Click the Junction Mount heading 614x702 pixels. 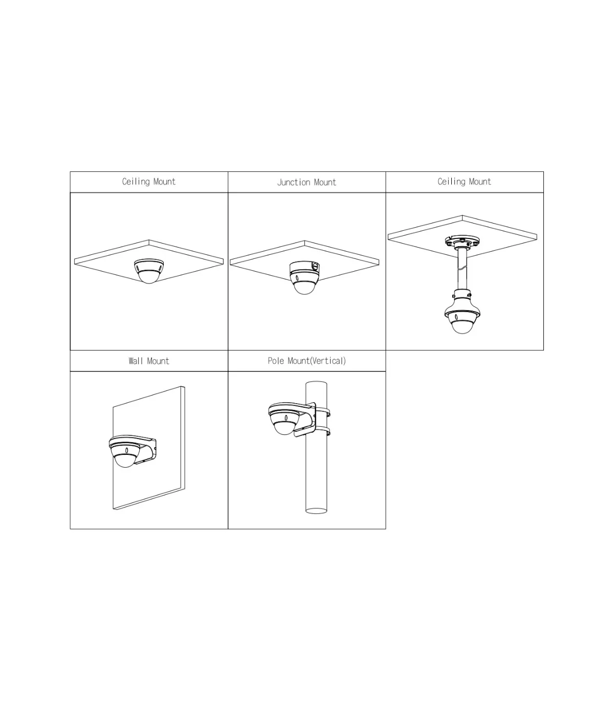306,182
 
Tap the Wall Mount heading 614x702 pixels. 149,361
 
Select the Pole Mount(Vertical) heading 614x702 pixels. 306,361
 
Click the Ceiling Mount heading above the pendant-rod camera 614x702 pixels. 464,182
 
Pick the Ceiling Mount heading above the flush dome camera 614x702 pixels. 149,182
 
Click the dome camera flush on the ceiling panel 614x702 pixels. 149,271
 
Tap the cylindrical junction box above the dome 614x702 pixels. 304,268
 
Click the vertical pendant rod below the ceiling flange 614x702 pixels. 462,270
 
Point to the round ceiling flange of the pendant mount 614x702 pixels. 462,241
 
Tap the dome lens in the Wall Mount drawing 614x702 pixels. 125,460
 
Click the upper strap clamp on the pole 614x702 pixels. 324,412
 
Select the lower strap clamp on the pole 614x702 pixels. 324,431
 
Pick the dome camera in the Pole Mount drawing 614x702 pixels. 284,419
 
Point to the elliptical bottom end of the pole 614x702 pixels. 316,511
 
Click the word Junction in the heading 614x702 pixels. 294,182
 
